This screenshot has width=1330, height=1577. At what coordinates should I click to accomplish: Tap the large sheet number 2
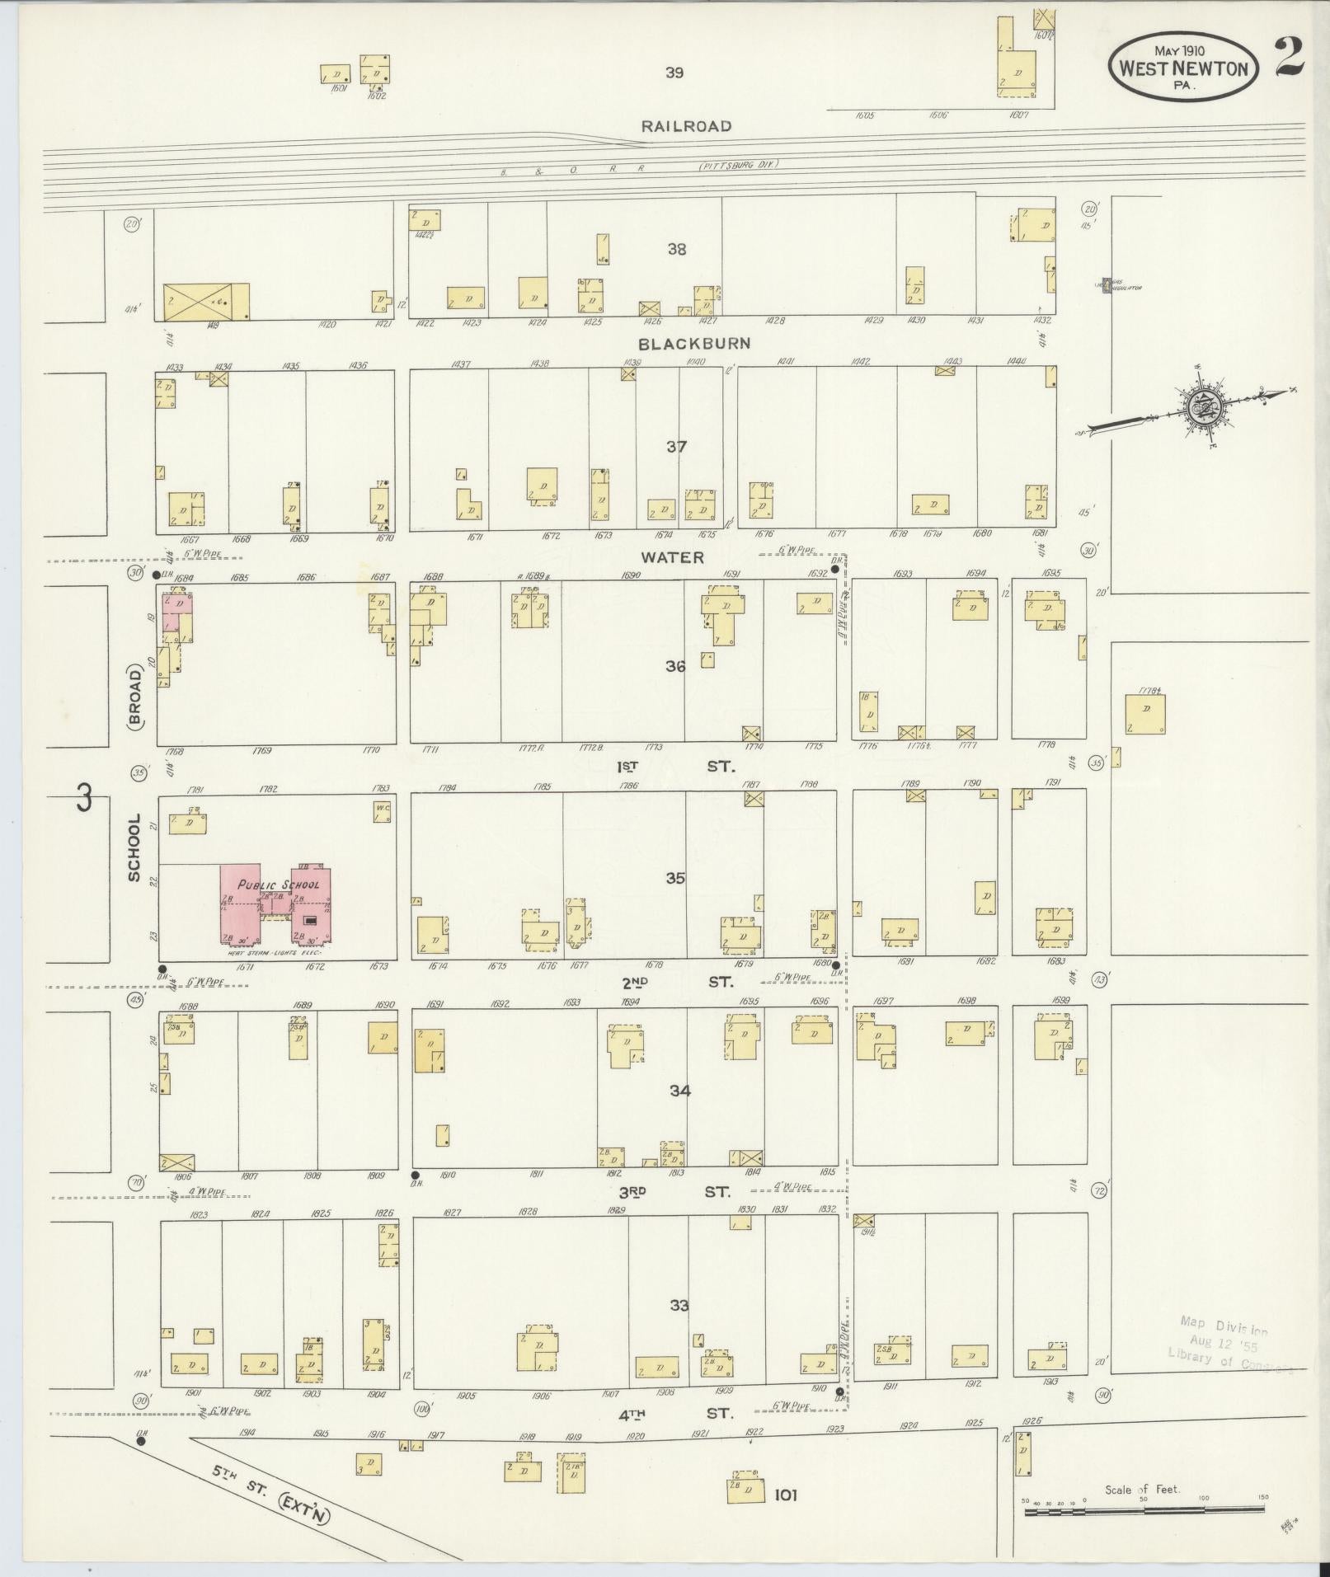point(1289,58)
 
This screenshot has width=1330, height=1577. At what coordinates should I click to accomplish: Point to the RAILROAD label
point(687,126)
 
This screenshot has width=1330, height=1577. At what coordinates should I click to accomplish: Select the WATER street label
point(673,557)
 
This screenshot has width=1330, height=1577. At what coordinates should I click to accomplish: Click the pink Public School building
point(276,903)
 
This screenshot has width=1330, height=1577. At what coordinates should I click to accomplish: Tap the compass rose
point(1199,405)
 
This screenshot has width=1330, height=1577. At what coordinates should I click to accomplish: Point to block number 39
point(674,73)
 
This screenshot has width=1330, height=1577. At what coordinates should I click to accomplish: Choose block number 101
point(785,1495)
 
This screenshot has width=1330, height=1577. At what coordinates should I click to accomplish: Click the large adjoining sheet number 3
point(82,799)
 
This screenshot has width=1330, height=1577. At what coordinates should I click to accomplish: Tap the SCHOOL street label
point(134,848)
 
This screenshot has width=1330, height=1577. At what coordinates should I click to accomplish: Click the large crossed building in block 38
point(196,301)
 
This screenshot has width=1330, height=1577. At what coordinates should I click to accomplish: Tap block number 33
point(679,1306)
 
